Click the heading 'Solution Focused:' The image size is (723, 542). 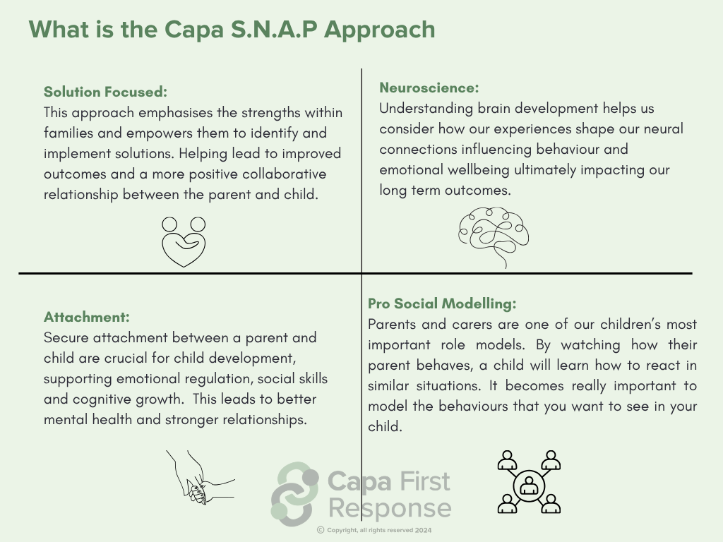pyautogui.click(x=105, y=92)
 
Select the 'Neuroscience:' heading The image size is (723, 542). pyautogui.click(x=429, y=88)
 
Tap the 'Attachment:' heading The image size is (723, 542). pyautogui.click(x=87, y=317)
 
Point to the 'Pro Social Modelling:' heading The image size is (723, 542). pyautogui.click(x=442, y=303)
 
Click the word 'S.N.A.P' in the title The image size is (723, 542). pyautogui.click(x=274, y=30)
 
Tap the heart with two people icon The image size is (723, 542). pyautogui.click(x=184, y=241)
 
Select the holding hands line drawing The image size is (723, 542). pyautogui.click(x=201, y=477)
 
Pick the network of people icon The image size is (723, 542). pyautogui.click(x=529, y=482)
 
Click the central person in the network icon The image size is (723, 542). pyautogui.click(x=529, y=486)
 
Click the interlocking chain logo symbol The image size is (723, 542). pyautogui.click(x=295, y=494)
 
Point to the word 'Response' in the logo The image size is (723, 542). pyautogui.click(x=390, y=508)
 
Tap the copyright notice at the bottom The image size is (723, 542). pyautogui.click(x=374, y=530)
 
